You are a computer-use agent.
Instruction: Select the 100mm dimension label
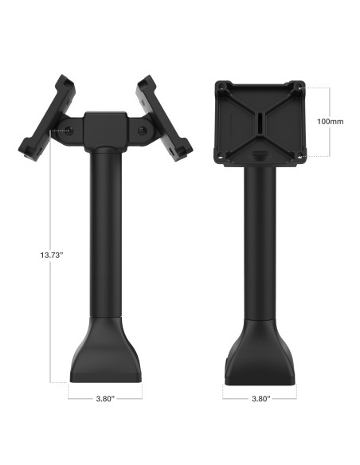pyautogui.click(x=329, y=122)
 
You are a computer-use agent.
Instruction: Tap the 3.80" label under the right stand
pyautogui.click(x=260, y=395)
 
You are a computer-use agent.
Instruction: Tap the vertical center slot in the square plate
pyautogui.click(x=260, y=123)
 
